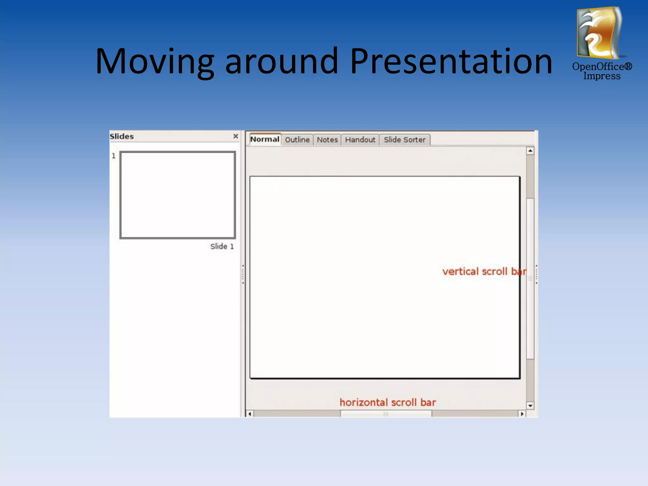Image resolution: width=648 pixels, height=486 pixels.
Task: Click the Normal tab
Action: [x=265, y=140]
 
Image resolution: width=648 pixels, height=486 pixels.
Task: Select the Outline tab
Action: [x=297, y=140]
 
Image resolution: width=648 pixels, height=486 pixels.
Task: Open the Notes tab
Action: [x=327, y=140]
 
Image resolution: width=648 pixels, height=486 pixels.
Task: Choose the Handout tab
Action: [x=360, y=140]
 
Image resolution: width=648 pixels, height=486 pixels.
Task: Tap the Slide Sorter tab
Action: [x=404, y=140]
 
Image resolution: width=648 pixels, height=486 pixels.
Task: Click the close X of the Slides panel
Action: [x=236, y=136]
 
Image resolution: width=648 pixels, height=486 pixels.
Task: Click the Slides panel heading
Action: [x=122, y=136]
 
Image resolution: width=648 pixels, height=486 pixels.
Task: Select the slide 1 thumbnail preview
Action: [x=178, y=195]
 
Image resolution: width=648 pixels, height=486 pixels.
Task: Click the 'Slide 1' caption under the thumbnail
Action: [x=222, y=246]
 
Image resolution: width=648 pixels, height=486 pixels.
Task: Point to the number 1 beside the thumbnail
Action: [x=114, y=156]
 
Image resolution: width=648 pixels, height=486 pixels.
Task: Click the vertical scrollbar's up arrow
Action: [x=530, y=151]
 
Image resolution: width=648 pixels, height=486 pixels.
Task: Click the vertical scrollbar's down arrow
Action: [x=530, y=405]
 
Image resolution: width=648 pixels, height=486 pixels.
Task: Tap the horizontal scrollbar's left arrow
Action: [x=250, y=414]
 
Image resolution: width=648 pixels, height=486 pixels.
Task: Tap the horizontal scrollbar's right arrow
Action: [x=522, y=414]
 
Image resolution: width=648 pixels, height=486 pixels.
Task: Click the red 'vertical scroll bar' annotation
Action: [x=484, y=271]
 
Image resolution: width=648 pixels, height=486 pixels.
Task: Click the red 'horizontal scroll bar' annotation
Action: [x=388, y=402]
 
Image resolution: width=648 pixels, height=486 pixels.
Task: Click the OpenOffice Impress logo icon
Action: [x=600, y=33]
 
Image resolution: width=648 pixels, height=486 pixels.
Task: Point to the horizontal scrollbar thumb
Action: [x=386, y=414]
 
